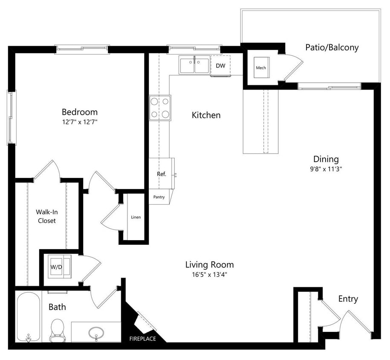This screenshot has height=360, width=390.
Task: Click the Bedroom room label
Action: (x=80, y=112)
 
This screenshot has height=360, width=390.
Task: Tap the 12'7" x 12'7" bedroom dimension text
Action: (x=80, y=122)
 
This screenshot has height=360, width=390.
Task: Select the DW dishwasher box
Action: (x=220, y=66)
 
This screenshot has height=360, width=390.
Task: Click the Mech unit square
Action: (x=261, y=67)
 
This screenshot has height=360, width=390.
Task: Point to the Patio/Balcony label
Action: (x=332, y=47)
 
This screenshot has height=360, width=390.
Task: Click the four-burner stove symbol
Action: (x=160, y=108)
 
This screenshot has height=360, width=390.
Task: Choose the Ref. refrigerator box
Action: (x=162, y=174)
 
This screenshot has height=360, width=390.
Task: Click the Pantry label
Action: (x=159, y=197)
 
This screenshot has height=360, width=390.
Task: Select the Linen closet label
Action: (x=136, y=217)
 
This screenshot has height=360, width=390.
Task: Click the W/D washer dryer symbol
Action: (x=56, y=267)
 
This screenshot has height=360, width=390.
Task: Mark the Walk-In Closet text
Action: (x=46, y=216)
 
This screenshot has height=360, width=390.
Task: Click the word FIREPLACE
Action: (x=143, y=339)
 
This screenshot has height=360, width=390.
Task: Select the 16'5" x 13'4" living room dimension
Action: (x=209, y=275)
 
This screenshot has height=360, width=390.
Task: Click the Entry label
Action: (x=348, y=299)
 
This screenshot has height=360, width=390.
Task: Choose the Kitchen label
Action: (x=206, y=115)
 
